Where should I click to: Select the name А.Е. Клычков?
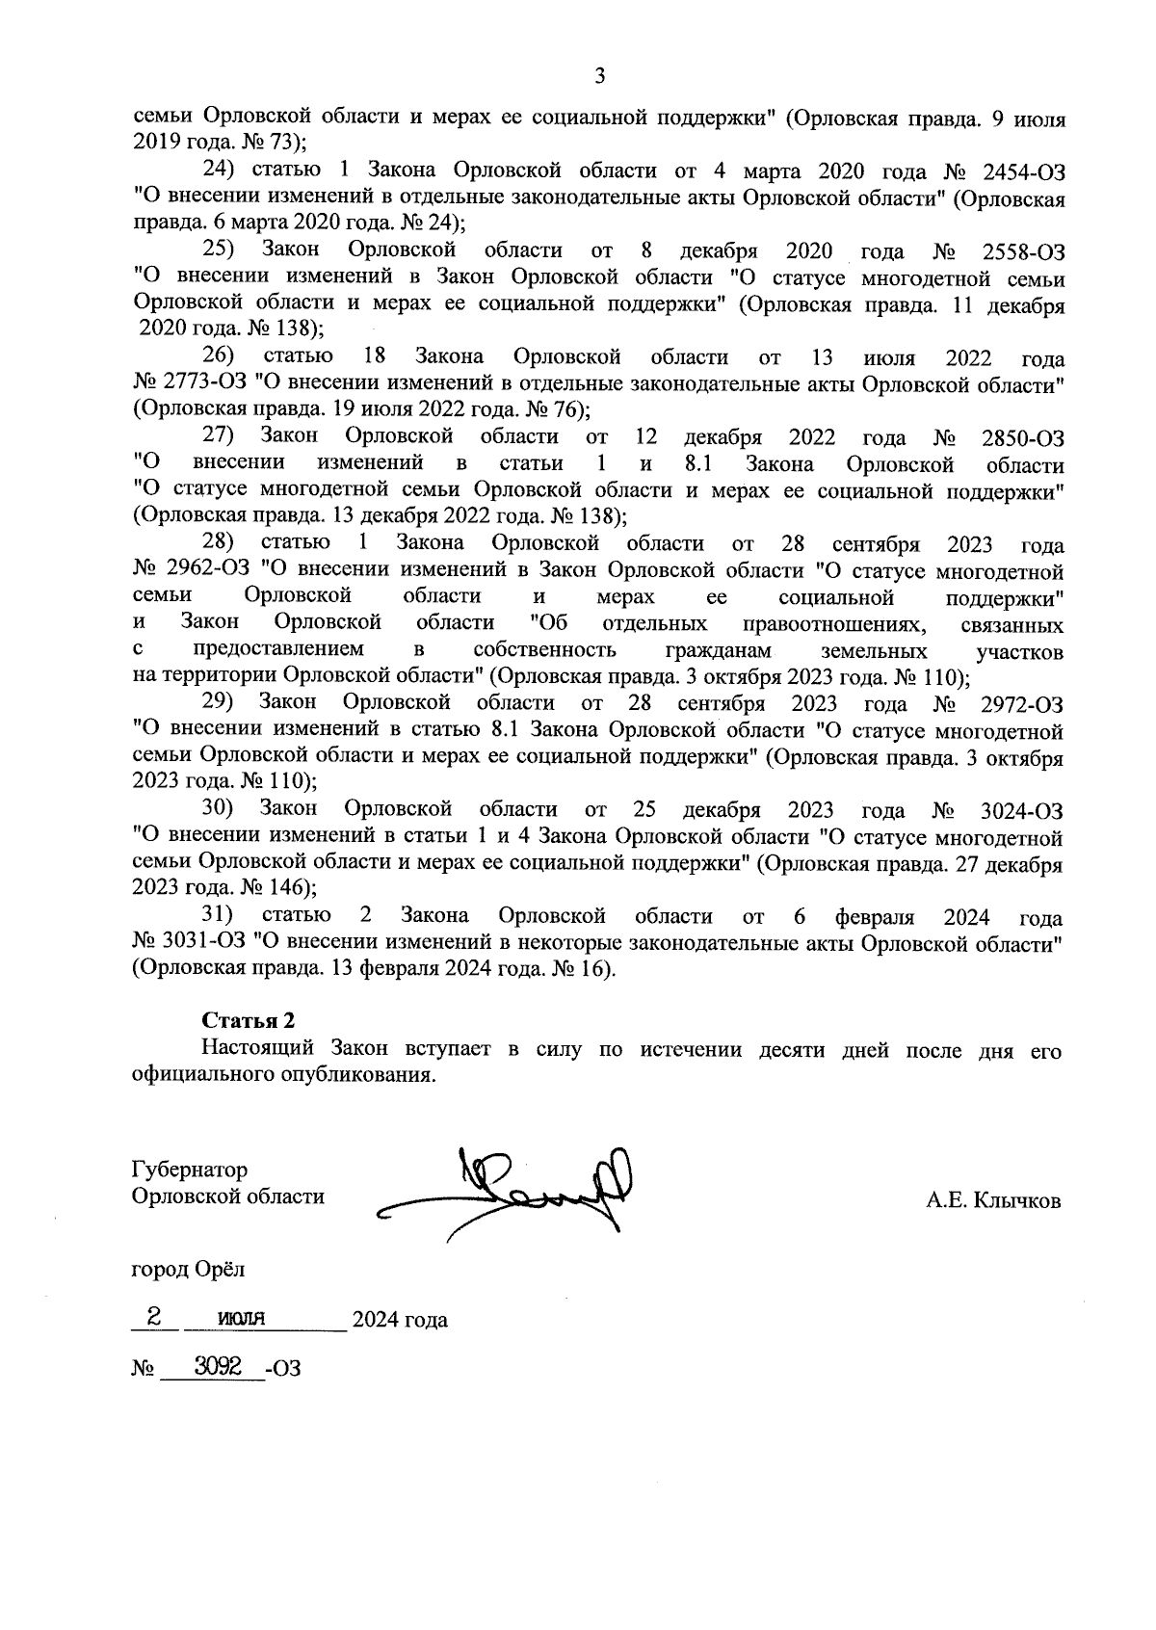point(993,1200)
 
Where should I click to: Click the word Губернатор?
point(189,1170)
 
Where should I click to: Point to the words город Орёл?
point(188,1269)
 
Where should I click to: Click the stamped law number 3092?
point(216,1365)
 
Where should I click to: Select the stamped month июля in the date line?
point(240,1319)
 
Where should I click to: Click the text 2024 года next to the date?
point(400,1320)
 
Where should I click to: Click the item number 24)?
point(220,171)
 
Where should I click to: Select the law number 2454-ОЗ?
point(1023,172)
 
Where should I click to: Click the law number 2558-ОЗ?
point(1023,252)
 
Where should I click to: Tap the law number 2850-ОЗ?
point(1022,439)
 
